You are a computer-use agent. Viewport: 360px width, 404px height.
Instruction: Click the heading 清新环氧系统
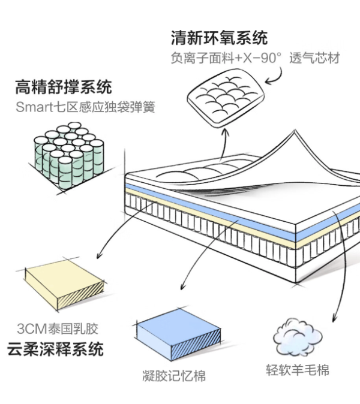click(219, 38)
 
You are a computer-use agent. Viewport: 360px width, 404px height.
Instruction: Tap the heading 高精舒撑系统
click(64, 87)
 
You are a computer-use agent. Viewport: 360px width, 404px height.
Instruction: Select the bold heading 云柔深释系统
click(55, 349)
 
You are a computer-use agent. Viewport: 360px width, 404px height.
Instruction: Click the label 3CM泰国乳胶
click(58, 328)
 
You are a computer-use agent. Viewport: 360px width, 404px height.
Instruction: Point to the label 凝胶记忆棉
click(174, 376)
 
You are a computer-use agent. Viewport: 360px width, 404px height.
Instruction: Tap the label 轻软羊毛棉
click(298, 370)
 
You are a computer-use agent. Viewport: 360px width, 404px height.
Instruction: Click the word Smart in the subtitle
click(34, 107)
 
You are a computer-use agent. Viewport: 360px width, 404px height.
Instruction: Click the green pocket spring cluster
click(69, 155)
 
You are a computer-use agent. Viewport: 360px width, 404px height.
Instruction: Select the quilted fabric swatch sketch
click(226, 98)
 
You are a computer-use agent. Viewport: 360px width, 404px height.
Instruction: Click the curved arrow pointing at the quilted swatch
click(278, 77)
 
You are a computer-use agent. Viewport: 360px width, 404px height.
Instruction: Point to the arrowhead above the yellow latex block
click(98, 255)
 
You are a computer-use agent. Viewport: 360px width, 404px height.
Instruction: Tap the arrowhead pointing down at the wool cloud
click(334, 318)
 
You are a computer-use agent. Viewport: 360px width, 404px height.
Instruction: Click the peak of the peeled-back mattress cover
click(295, 131)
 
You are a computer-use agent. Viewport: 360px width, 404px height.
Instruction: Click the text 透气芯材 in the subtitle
click(314, 58)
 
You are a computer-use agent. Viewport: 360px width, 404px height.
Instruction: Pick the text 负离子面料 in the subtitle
click(202, 58)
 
